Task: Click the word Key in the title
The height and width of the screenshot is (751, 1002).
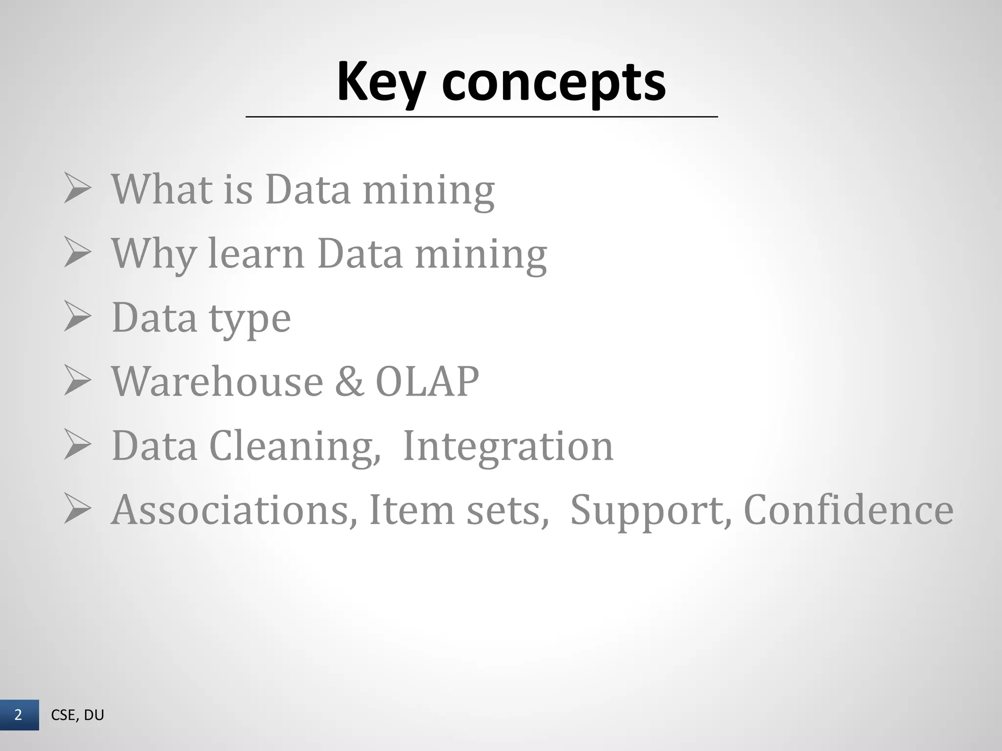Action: pyautogui.click(x=380, y=82)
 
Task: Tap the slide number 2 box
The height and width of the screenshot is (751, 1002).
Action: pyautogui.click(x=19, y=715)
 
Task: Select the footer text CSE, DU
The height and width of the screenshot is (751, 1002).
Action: pyautogui.click(x=77, y=715)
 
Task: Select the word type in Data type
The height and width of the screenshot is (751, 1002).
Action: pyautogui.click(x=250, y=319)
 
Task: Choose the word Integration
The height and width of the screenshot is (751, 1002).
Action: pyautogui.click(x=507, y=446)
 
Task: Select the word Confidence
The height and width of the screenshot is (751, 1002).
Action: pyautogui.click(x=848, y=510)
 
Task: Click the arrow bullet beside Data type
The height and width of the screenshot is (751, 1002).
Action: pyautogui.click(x=77, y=318)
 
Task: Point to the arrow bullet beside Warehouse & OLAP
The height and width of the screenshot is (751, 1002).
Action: pyautogui.click(x=77, y=382)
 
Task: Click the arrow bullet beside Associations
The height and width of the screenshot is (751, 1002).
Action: pyautogui.click(x=77, y=510)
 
